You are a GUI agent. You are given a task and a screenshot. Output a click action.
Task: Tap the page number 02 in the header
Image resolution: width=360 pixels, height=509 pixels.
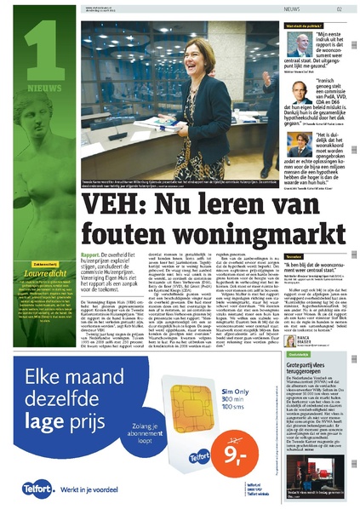pyautogui.click(x=339, y=9)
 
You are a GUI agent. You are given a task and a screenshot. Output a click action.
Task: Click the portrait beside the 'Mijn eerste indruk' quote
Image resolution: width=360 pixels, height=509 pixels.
pyautogui.click(x=293, y=39)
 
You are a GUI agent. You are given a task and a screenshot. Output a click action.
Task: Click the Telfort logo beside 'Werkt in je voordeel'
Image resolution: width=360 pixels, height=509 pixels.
pyautogui.click(x=28, y=489)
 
